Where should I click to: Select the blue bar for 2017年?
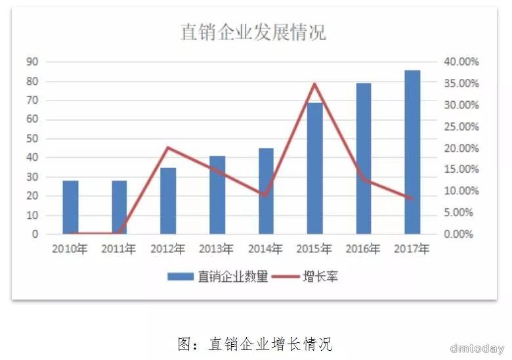click(x=412, y=152)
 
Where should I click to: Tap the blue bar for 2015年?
click(x=315, y=168)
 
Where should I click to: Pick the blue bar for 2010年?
click(x=71, y=207)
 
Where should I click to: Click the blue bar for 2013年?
click(x=217, y=194)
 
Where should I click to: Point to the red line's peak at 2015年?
click(x=314, y=84)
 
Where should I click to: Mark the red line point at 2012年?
click(x=168, y=147)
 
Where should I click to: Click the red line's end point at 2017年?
click(x=412, y=198)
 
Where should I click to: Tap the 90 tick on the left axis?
click(x=32, y=62)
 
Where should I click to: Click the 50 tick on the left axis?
click(x=32, y=139)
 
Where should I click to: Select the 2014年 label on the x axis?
click(x=266, y=250)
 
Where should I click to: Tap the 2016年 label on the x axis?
click(x=363, y=250)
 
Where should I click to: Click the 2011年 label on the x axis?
click(x=119, y=250)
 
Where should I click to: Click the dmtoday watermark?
click(x=477, y=348)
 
